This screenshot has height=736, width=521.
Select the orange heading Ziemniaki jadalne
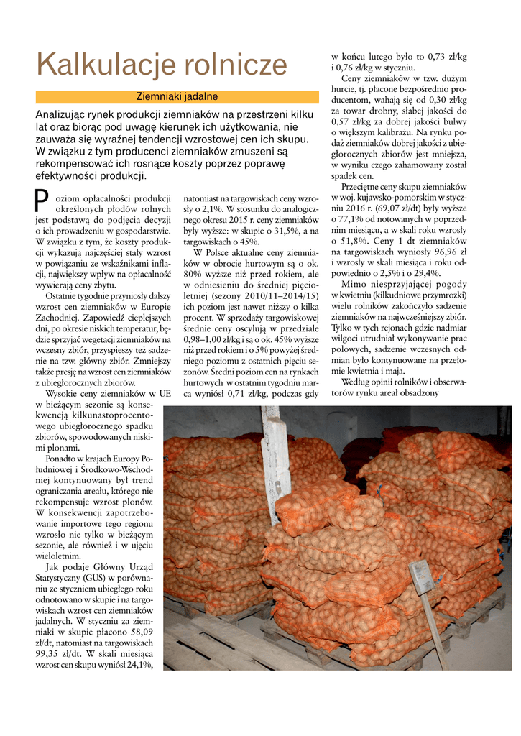coord(177,96)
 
